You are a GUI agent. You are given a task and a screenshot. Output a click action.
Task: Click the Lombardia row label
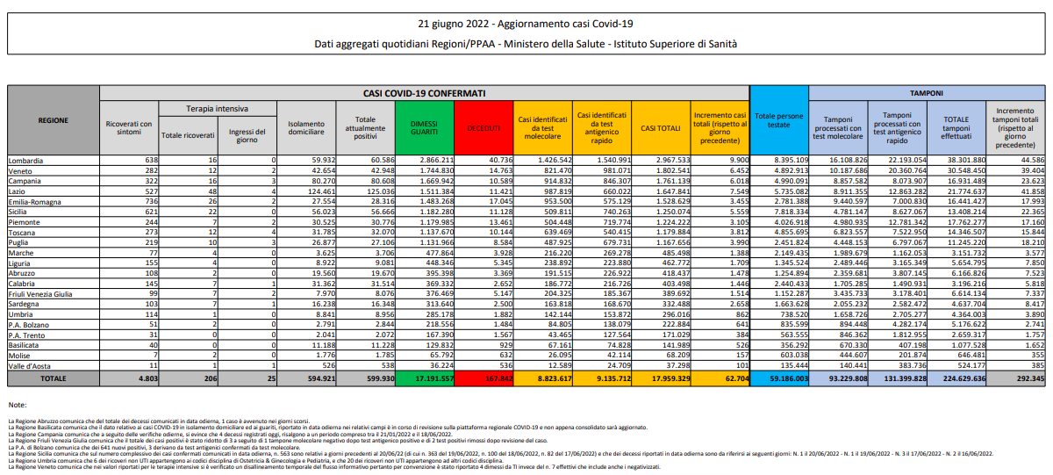[25, 161]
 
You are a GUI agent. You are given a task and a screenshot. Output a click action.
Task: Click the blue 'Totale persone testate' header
[778, 120]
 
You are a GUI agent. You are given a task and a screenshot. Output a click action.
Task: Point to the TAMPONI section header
[926, 91]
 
